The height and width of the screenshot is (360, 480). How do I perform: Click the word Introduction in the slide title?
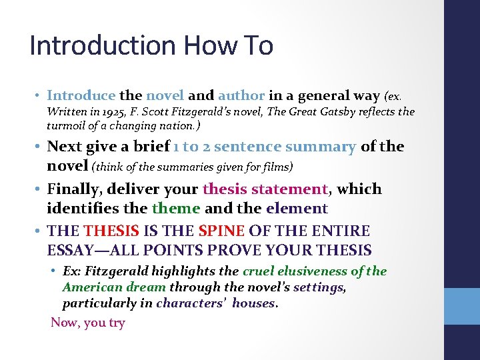click(102, 46)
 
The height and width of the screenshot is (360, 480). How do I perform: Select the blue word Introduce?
click(81, 95)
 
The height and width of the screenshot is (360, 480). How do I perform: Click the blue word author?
click(241, 95)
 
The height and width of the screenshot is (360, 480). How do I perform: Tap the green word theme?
click(176, 209)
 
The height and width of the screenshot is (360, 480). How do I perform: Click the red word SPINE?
click(221, 231)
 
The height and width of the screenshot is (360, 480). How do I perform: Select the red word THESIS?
click(112, 231)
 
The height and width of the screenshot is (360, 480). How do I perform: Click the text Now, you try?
click(88, 323)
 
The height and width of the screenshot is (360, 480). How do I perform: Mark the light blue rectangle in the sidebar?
click(461, 306)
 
